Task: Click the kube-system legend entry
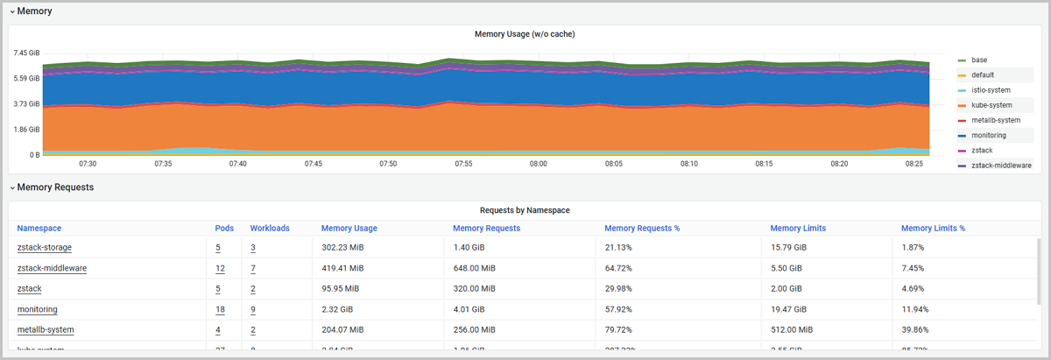(x=991, y=105)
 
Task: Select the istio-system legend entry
(x=991, y=90)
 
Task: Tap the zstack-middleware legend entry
(x=1001, y=165)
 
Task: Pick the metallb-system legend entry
(x=996, y=120)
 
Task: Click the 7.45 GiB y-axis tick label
(x=26, y=53)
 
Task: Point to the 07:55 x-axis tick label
(x=463, y=164)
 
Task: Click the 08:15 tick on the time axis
(x=764, y=164)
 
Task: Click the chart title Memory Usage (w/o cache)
(x=524, y=34)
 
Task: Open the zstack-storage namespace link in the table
(x=45, y=247)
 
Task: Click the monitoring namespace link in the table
(x=37, y=309)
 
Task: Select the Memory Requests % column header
(x=642, y=228)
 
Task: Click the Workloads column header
(x=270, y=228)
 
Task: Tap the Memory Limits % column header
(x=933, y=228)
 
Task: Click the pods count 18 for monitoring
(x=220, y=309)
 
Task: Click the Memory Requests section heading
(x=55, y=187)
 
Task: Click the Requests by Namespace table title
(x=525, y=210)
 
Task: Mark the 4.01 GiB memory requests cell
(x=470, y=309)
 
